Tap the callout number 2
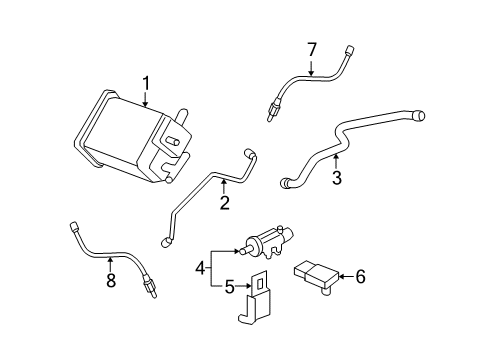[225, 203]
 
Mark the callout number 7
[311, 49]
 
